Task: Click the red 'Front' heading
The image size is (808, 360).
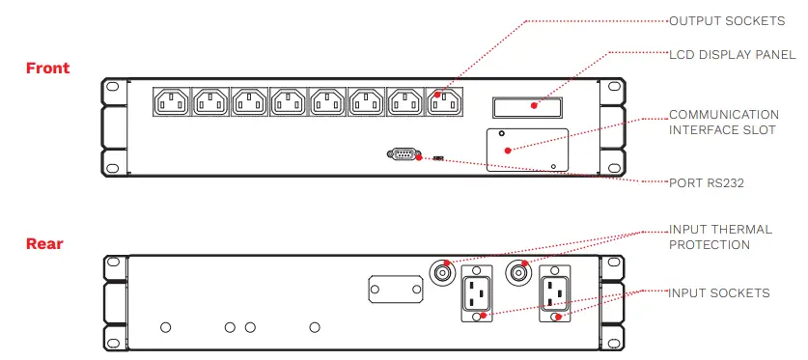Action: tap(47, 69)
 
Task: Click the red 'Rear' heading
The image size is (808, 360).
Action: tap(44, 244)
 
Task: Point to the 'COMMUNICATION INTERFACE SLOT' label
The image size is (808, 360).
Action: tap(723, 122)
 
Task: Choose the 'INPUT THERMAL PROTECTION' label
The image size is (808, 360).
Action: tap(720, 237)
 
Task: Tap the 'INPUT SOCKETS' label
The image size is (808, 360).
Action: tap(719, 292)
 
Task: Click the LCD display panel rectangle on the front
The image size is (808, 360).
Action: tap(529, 105)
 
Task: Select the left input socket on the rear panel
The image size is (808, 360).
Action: tap(477, 293)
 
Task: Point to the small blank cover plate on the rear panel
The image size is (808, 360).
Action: tap(395, 289)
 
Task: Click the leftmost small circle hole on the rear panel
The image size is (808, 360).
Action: tap(166, 328)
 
